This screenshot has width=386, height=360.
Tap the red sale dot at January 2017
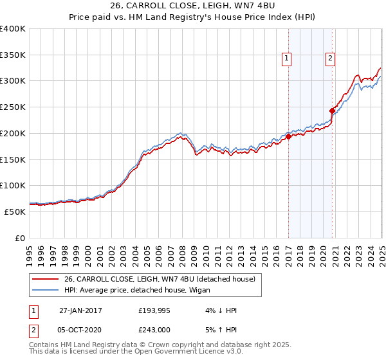coord(289,136)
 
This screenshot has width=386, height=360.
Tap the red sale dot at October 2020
coord(332,111)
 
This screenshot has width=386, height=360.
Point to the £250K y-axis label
coord(13,107)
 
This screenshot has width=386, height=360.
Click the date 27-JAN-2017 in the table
coord(80,310)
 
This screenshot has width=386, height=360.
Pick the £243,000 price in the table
coord(154,330)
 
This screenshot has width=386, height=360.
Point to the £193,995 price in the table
coord(154,310)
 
